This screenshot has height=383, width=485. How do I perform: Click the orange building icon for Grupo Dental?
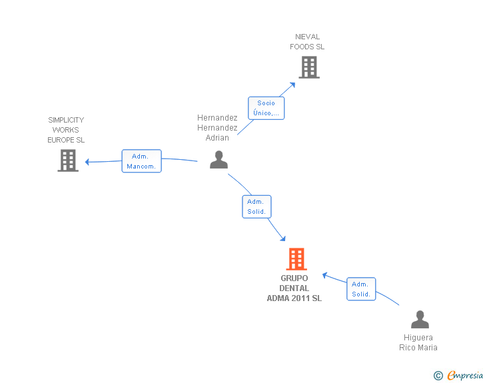click(296, 259)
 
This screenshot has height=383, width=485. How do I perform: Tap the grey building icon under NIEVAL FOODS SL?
click(309, 67)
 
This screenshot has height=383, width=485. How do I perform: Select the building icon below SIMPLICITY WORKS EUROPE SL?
click(68, 161)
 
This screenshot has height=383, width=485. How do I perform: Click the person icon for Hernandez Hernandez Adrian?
click(219, 160)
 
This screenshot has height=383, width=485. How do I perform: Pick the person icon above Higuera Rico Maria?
click(420, 319)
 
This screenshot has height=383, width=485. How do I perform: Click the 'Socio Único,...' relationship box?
click(266, 108)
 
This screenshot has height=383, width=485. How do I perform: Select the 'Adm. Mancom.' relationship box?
click(142, 161)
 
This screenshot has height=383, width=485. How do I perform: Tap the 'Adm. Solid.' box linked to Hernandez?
click(256, 206)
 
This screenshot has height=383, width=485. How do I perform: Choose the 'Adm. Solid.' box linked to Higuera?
click(361, 289)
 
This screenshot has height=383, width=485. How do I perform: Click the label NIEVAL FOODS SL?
click(307, 42)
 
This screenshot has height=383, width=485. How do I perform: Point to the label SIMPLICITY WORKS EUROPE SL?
click(66, 130)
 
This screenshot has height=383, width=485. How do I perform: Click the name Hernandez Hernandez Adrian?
click(217, 128)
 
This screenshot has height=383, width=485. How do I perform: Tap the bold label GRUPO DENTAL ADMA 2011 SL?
click(294, 288)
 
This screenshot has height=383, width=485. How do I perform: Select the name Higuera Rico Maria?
click(418, 342)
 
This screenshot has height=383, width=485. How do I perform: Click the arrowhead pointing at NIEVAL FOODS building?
click(292, 85)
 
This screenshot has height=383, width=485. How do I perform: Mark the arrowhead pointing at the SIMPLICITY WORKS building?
click(87, 162)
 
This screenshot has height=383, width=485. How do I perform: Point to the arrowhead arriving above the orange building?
click(282, 238)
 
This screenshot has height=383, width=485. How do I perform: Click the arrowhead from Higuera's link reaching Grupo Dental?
click(325, 275)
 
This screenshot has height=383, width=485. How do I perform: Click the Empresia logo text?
click(465, 375)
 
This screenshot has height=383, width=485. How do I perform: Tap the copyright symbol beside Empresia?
click(438, 376)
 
